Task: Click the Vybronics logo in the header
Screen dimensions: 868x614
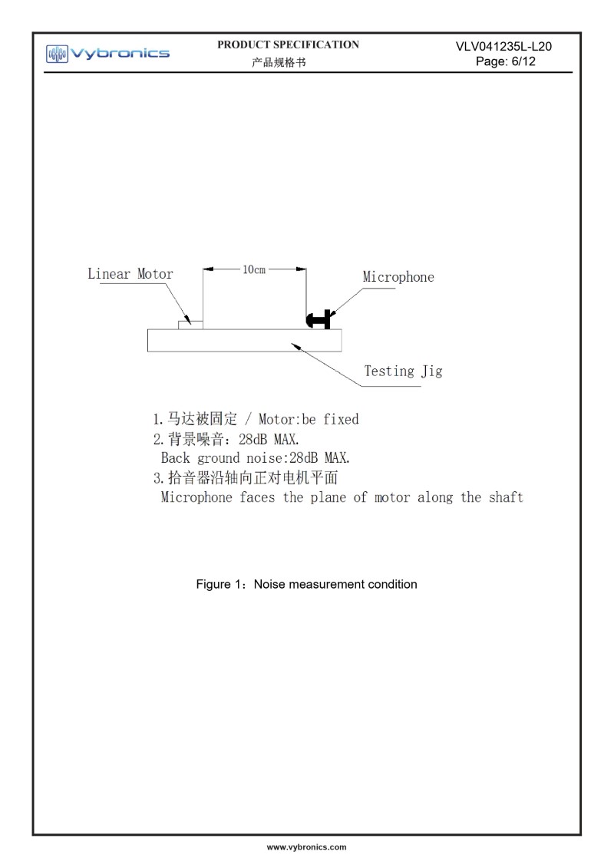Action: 107,53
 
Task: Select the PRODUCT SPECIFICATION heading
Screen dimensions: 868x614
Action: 288,45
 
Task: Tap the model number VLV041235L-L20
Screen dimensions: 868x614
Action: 503,47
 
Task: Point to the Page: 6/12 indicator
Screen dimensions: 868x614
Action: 505,61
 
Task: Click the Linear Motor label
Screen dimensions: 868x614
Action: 130,274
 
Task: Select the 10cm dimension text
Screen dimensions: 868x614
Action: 254,270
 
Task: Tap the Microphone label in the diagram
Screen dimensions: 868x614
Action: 398,277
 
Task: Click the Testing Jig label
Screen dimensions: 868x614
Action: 403,371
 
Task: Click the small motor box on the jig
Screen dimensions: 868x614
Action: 190,325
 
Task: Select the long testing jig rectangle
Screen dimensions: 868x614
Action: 244,341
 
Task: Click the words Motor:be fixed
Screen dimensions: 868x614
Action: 309,420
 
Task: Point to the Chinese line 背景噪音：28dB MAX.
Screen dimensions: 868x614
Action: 226,440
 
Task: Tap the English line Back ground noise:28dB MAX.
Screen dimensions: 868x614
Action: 255,458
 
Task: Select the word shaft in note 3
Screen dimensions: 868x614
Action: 504,497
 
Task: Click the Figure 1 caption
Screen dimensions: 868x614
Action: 306,584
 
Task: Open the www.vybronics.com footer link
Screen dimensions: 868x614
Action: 306,847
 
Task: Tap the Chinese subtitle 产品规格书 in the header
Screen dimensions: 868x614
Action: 278,62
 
